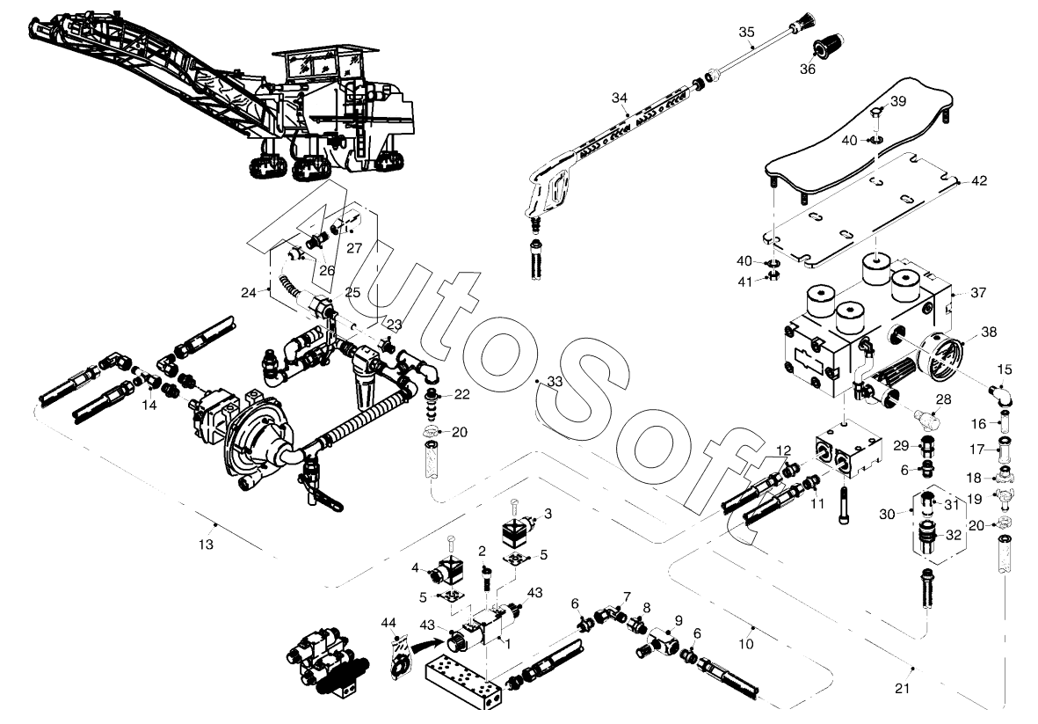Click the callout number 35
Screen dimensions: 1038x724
click(x=746, y=33)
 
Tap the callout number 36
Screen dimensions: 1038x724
click(x=808, y=69)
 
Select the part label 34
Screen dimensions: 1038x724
click(x=619, y=99)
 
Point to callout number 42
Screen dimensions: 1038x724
click(x=978, y=181)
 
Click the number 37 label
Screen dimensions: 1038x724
click(x=977, y=293)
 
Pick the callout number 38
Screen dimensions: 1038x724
click(x=989, y=332)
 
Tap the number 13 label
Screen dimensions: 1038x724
click(x=206, y=545)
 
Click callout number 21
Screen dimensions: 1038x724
click(x=903, y=689)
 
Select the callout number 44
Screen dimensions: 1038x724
click(x=388, y=623)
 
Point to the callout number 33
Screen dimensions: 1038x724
click(x=555, y=382)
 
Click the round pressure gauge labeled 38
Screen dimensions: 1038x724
click(x=940, y=358)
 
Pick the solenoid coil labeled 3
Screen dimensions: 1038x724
click(x=519, y=530)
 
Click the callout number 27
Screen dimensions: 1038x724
click(x=354, y=248)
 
